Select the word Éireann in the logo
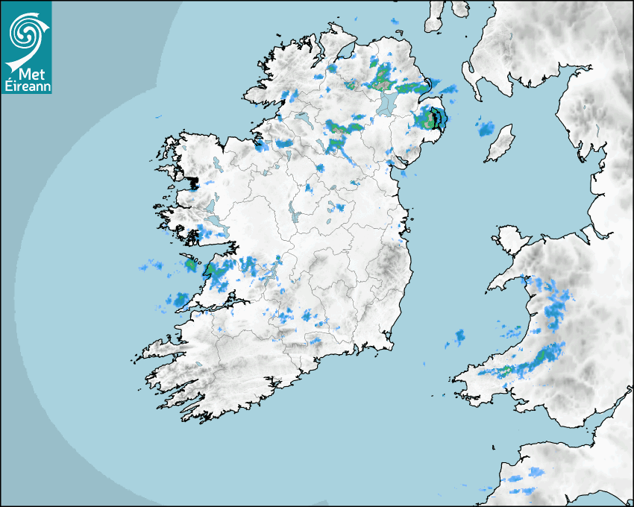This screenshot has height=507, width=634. [x=26, y=86]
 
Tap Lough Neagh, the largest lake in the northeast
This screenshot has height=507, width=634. [x=384, y=104]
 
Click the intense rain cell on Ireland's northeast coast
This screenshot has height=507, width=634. [x=432, y=118]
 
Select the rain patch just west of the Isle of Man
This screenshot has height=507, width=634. [x=486, y=128]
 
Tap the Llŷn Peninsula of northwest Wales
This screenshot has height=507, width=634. [x=507, y=280]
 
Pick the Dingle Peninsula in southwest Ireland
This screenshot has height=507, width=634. [x=160, y=348]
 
